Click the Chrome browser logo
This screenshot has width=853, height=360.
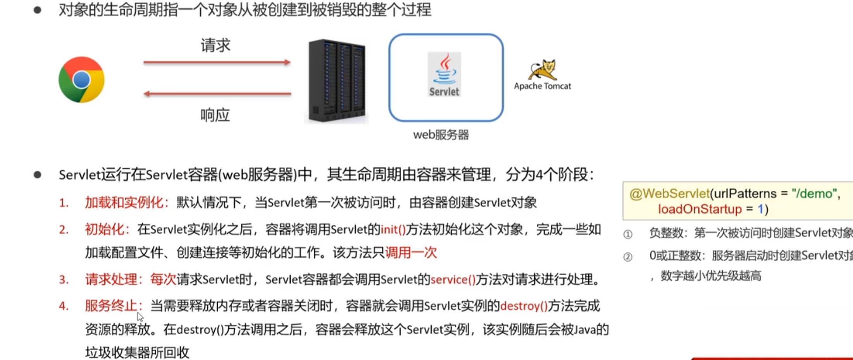(x=81, y=80)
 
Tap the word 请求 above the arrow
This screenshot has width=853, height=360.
(x=215, y=45)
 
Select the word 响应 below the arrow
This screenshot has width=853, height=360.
(x=215, y=115)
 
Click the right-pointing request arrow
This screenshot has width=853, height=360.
(x=217, y=62)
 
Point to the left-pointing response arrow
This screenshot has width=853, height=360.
(x=217, y=94)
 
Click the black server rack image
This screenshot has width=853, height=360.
(x=336, y=81)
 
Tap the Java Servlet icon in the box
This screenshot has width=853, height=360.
(x=444, y=74)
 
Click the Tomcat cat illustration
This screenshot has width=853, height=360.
(x=543, y=70)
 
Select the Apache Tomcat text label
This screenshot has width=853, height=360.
(x=542, y=86)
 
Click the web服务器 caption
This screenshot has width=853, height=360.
(x=441, y=135)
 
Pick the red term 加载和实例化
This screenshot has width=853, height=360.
(x=124, y=202)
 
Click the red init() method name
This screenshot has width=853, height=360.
(x=393, y=230)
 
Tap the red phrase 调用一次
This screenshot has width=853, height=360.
(x=411, y=253)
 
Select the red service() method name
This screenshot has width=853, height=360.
(x=453, y=279)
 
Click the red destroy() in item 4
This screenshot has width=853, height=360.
(x=524, y=306)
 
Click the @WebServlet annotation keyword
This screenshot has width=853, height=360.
(x=669, y=193)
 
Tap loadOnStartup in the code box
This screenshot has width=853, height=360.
(x=700, y=209)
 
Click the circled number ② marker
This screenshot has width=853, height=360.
(x=628, y=257)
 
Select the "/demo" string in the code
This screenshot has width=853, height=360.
(x=814, y=193)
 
